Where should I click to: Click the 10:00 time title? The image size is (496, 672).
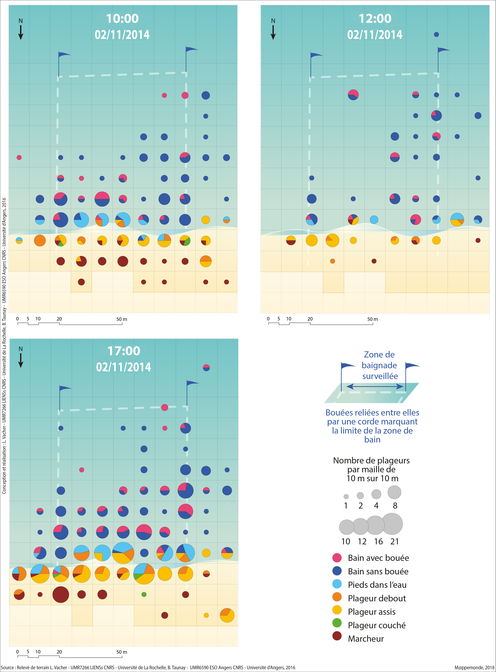pyautogui.click(x=122, y=19)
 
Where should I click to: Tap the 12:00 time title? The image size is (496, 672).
pyautogui.click(x=375, y=19)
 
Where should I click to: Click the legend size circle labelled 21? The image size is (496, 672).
pyautogui.click(x=392, y=524)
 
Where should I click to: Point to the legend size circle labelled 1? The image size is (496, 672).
pyautogui.click(x=346, y=497)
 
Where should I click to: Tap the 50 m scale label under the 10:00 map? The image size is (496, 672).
pyautogui.click(x=122, y=319)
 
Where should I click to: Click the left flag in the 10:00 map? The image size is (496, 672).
pyautogui.click(x=63, y=56)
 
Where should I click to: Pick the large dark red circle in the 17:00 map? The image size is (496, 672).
pyautogui.click(x=61, y=594)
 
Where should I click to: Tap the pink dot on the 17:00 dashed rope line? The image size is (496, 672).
pyautogui.click(x=165, y=407)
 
